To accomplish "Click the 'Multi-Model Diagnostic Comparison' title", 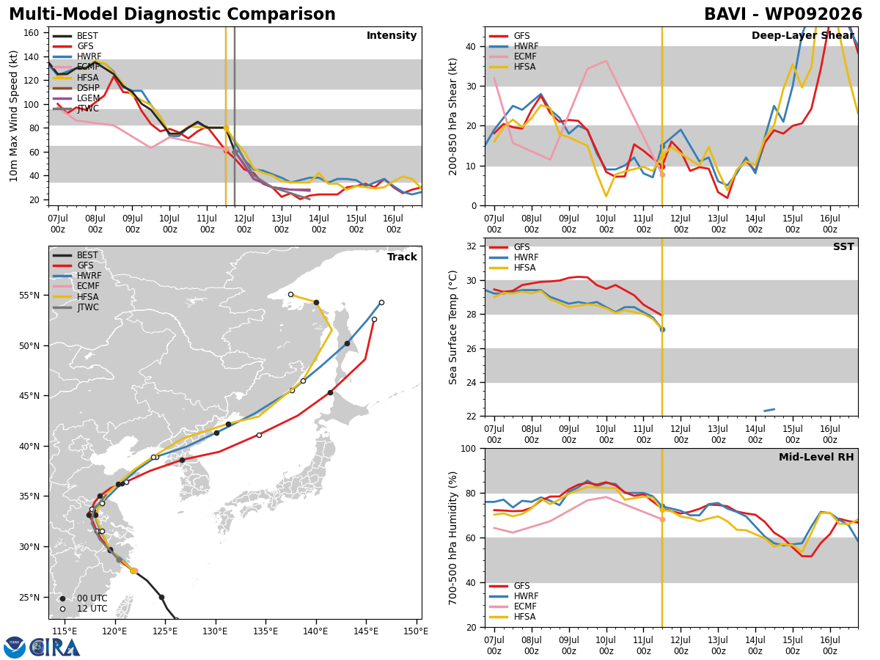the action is pyautogui.click(x=172, y=15).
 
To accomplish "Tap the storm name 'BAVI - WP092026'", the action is pyautogui.click(x=783, y=15).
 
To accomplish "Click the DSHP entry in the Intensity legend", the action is pyautogui.click(x=88, y=88).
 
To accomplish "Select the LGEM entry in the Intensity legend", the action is pyautogui.click(x=88, y=98).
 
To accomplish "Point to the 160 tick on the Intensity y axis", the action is pyautogui.click(x=31, y=33).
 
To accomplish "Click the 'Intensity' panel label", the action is pyautogui.click(x=392, y=35).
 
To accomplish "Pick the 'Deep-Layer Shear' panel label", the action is pyautogui.click(x=802, y=35).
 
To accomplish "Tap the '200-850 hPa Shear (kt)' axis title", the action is pyautogui.click(x=452, y=117).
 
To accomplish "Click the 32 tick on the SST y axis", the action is pyautogui.click(x=471, y=246).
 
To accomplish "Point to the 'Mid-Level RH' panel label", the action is pyautogui.click(x=816, y=457).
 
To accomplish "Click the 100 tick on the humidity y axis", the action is pyautogui.click(x=469, y=448).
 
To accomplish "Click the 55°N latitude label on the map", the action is pyautogui.click(x=29, y=296).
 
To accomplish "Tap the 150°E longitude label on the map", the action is pyautogui.click(x=416, y=632).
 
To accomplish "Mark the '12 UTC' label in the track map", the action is pyautogui.click(x=92, y=609).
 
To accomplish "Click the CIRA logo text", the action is pyautogui.click(x=54, y=648).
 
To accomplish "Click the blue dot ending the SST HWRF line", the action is pyautogui.click(x=662, y=330).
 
